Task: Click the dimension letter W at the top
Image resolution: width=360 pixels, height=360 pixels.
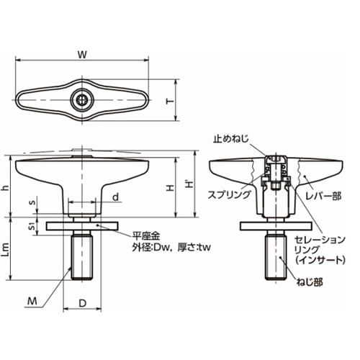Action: (82, 55)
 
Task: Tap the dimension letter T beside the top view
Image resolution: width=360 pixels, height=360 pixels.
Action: (170, 102)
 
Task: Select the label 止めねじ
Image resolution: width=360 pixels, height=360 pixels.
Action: (231, 139)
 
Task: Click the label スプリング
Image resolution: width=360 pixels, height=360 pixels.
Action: (229, 194)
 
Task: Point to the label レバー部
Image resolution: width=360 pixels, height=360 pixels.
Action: (323, 196)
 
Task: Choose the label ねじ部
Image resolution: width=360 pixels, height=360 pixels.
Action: (310, 282)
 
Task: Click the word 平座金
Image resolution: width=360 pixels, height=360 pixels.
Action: (146, 236)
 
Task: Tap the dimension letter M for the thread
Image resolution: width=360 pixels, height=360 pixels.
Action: (32, 301)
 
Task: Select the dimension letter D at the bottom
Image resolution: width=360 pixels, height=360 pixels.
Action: (82, 303)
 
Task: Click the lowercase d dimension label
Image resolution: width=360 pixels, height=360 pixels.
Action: (116, 197)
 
